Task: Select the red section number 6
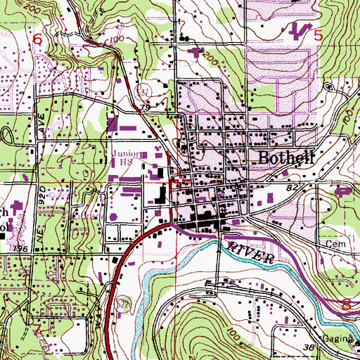[38, 41]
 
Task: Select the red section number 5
[319, 34]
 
